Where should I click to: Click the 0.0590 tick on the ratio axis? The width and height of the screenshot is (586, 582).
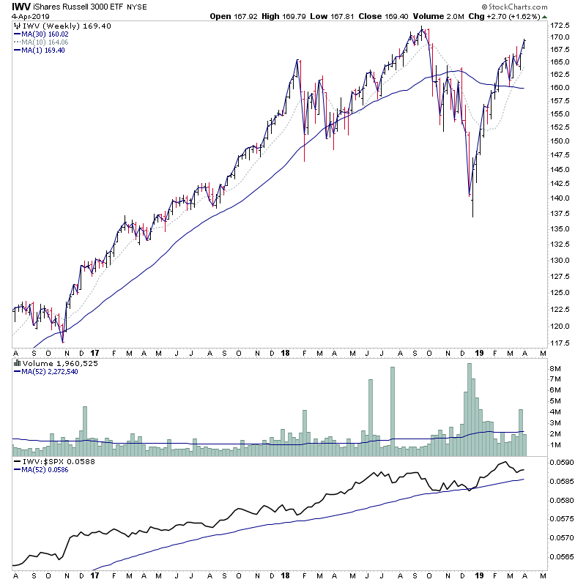coord(565,463)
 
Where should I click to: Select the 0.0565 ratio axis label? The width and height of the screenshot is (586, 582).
coord(565,556)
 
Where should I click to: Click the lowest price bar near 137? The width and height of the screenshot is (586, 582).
coord(473,212)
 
